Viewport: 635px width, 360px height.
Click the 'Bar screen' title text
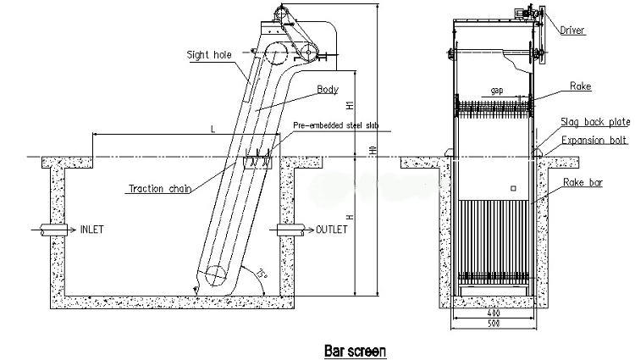(x=355, y=348)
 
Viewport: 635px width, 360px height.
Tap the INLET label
(x=92, y=230)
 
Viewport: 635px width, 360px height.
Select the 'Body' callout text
(x=327, y=89)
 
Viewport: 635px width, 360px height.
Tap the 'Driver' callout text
(x=572, y=30)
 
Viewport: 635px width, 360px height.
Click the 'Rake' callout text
(x=580, y=86)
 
